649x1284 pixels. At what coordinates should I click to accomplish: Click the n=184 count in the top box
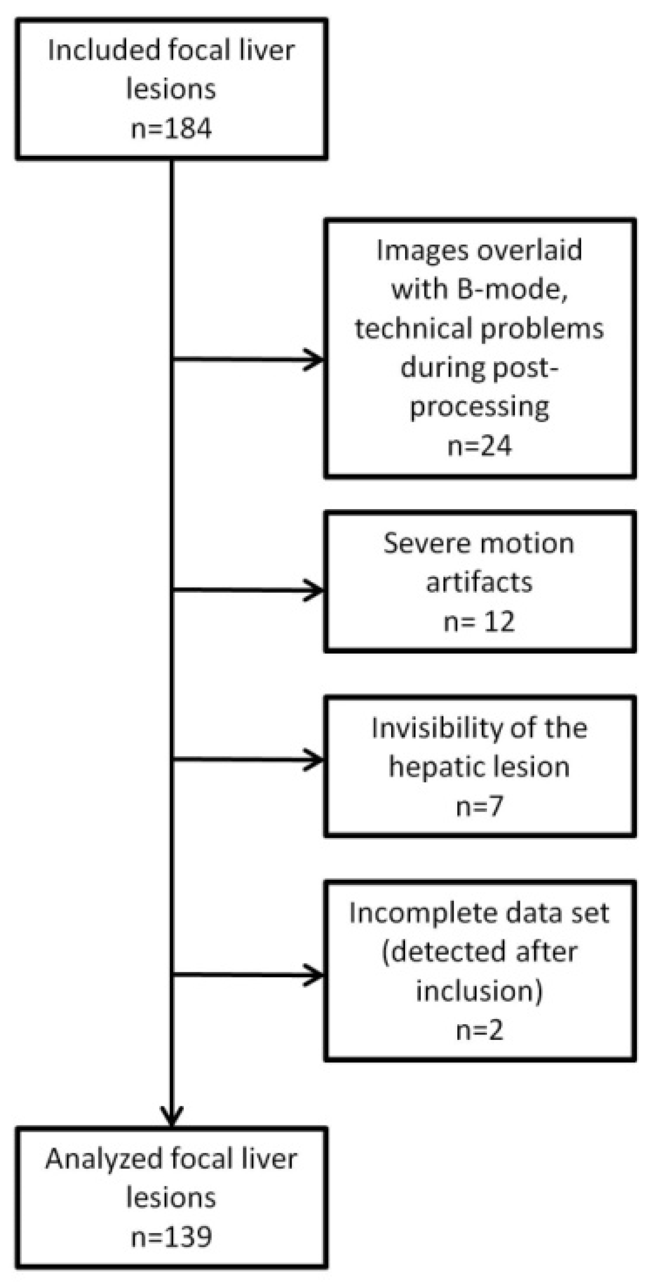[171, 128]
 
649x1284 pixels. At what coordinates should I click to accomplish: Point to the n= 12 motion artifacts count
[480, 621]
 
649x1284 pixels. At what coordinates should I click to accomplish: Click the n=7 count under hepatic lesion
[480, 806]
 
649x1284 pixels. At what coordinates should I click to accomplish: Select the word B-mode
[512, 289]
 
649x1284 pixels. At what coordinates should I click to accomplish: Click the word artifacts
[480, 582]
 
